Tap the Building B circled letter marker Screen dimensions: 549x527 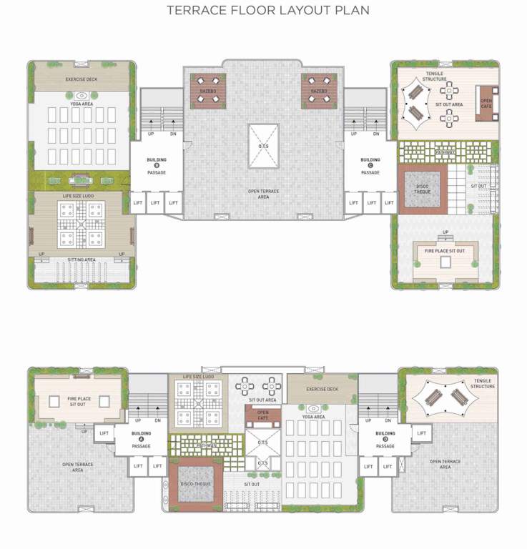tap(156, 166)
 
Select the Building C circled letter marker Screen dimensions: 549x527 tap(370, 166)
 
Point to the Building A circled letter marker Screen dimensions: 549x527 tap(141, 440)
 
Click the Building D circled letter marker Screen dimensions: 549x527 tap(385, 440)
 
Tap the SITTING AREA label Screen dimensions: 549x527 tap(81, 261)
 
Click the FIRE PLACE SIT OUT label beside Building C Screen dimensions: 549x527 tap(445, 250)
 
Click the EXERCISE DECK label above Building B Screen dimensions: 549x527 tap(81, 79)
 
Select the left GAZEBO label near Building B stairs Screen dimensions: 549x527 tap(208, 91)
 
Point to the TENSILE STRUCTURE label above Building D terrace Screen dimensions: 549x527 tap(482, 384)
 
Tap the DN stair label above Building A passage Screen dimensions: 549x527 tap(157, 421)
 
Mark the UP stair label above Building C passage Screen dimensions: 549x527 tap(353, 134)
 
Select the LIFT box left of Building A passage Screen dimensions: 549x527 tap(104, 433)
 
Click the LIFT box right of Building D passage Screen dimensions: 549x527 tap(421, 433)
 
